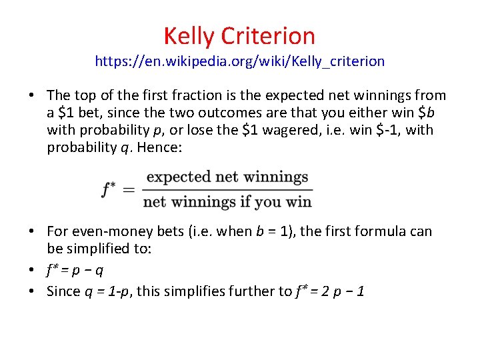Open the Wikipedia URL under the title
tap(240, 61)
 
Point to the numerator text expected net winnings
tap(227, 177)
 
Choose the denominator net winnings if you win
tap(227, 201)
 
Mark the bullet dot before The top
tap(31, 96)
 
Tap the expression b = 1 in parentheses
tap(274, 231)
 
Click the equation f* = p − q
tap(75, 270)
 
